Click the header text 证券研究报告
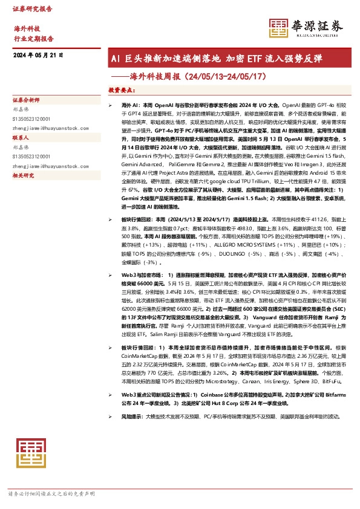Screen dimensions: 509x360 32,9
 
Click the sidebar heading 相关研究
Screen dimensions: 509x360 24,175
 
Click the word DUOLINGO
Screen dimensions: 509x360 260,254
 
